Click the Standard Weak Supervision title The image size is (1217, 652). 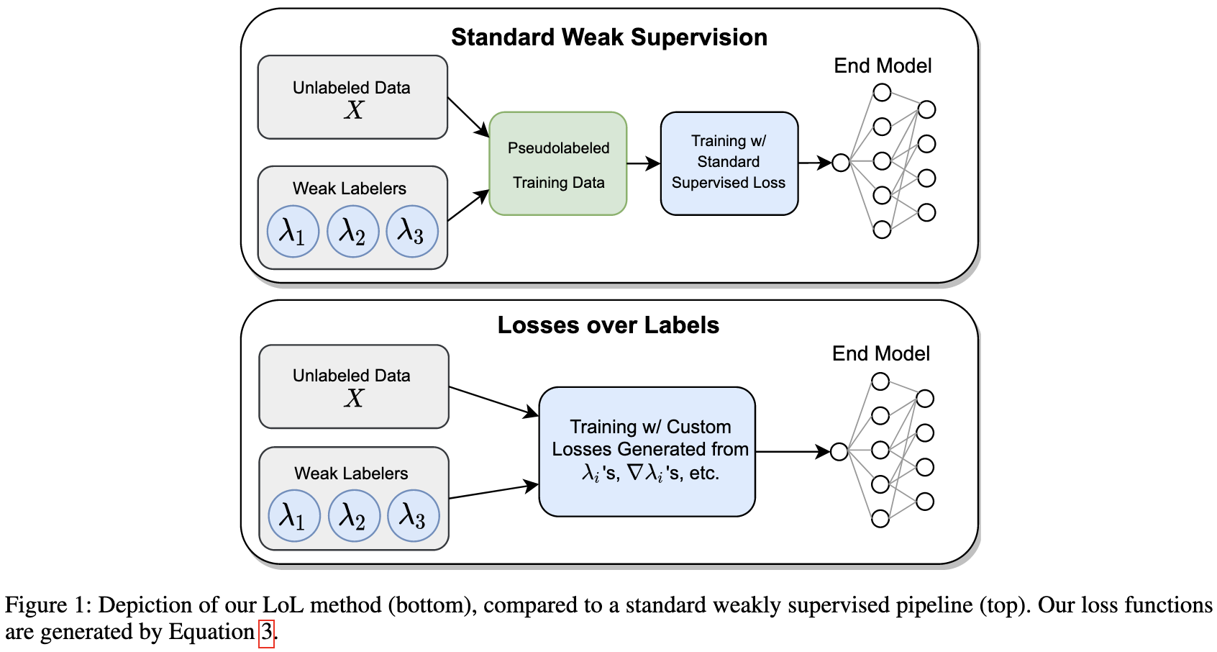click(x=608, y=37)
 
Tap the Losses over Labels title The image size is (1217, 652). click(x=608, y=325)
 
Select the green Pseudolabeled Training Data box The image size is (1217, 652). click(x=558, y=164)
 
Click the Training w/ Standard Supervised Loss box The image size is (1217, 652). click(x=729, y=163)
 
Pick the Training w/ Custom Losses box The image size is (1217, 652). click(x=647, y=451)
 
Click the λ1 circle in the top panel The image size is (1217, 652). click(x=293, y=232)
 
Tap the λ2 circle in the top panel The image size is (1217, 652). click(x=352, y=232)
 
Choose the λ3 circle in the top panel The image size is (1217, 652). click(x=412, y=232)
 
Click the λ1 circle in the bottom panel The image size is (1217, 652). click(x=294, y=516)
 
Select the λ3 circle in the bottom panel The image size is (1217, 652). click(x=414, y=516)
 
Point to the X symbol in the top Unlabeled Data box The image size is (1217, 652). click(x=353, y=110)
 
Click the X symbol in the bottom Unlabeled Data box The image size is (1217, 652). click(x=353, y=398)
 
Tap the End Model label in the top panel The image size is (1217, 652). click(x=883, y=66)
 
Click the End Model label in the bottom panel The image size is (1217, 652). click(x=881, y=354)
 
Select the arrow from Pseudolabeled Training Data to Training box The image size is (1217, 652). click(x=643, y=164)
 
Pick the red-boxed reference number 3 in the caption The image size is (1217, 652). click(x=267, y=633)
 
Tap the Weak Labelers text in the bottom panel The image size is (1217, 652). click(x=351, y=474)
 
